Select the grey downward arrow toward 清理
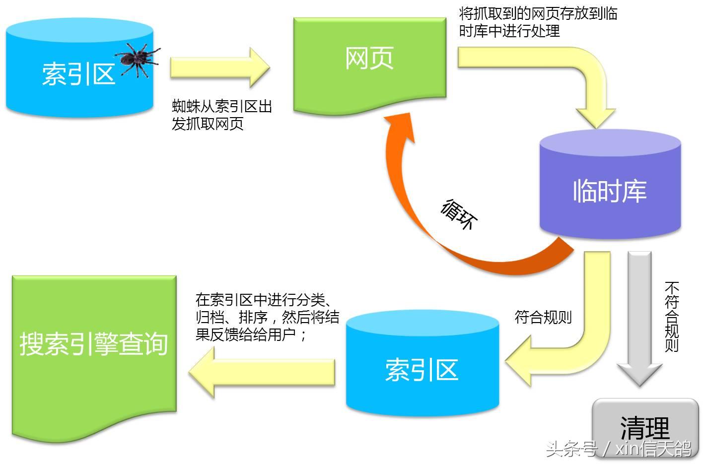click(639, 318)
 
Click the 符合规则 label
click(543, 317)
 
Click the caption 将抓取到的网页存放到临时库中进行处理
click(538, 22)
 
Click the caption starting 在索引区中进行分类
click(267, 317)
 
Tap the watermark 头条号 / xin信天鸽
click(618, 449)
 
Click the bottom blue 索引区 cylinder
click(422, 367)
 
